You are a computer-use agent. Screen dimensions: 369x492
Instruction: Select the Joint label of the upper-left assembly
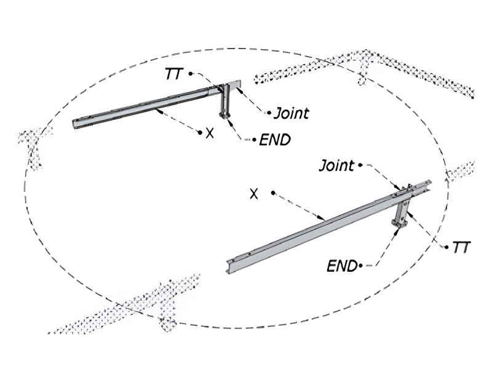(x=291, y=113)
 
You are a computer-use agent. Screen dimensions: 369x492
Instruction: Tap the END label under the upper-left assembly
(x=274, y=140)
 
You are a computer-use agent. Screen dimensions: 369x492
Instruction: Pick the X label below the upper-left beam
(x=210, y=132)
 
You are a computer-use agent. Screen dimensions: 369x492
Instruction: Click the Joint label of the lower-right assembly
(x=336, y=165)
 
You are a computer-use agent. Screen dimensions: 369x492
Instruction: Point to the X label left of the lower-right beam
(x=253, y=194)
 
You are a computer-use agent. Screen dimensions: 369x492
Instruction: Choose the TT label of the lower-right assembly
(x=461, y=247)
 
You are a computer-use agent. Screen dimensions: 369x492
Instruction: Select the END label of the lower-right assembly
(x=342, y=266)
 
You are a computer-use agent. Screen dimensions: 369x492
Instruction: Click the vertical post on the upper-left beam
(x=226, y=102)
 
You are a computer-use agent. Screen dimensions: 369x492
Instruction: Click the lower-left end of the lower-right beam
(x=229, y=266)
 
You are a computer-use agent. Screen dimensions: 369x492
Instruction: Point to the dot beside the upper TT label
(x=191, y=73)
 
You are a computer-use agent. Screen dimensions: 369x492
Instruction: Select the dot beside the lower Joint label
(x=360, y=165)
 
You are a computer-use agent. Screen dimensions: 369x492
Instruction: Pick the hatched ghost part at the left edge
(x=34, y=145)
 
